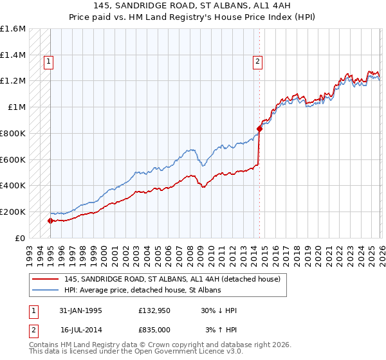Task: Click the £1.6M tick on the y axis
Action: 13,29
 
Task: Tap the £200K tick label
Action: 13,212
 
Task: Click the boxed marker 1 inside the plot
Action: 48,62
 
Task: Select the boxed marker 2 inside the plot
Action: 257,62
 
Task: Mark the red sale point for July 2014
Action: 259,129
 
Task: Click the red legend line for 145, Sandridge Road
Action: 46,280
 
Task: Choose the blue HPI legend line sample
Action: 46,291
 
